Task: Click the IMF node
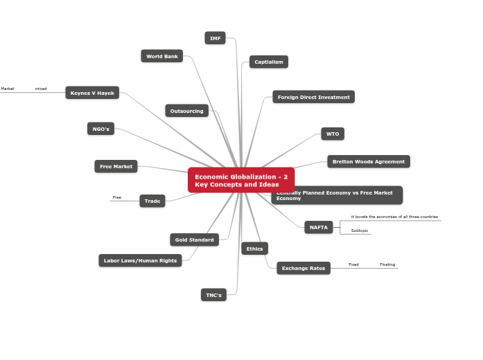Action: [x=216, y=38]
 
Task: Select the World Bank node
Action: [x=162, y=56]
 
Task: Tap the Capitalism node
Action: [x=269, y=62]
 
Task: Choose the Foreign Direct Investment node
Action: [x=313, y=97]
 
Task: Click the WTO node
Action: [x=333, y=134]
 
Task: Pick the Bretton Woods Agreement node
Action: [x=369, y=161]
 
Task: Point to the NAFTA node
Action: [x=319, y=227]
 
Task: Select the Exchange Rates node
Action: [x=304, y=268]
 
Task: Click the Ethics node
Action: [x=254, y=249]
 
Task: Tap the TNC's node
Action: [x=213, y=295]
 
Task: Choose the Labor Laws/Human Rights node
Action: [x=140, y=260]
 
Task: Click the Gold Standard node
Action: [x=194, y=240]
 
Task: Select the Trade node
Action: [x=152, y=201]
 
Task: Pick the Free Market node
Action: [x=116, y=166]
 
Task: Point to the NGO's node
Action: [x=101, y=129]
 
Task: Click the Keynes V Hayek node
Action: [x=92, y=93]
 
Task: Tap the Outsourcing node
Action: [x=187, y=111]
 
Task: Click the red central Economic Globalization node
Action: [x=240, y=180]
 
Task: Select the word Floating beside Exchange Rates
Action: [x=387, y=264]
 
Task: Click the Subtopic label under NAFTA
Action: [x=360, y=231]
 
